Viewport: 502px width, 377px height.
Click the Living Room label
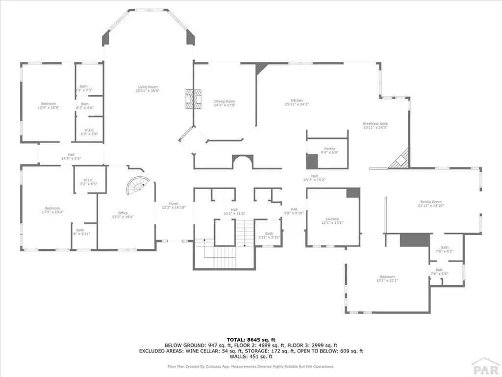tap(148, 89)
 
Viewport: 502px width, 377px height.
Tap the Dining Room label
tap(225, 103)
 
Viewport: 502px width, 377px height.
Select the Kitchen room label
tap(297, 102)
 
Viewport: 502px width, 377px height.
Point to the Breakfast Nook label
tap(375, 125)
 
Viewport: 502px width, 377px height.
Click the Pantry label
tap(329, 150)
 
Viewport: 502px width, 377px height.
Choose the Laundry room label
tap(332, 221)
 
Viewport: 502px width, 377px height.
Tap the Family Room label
tap(430, 204)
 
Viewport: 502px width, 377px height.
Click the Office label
tap(123, 215)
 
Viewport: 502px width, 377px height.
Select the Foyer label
tap(174, 205)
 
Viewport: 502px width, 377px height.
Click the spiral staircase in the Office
tap(137, 184)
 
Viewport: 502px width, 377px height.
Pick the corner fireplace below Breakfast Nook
tap(400, 160)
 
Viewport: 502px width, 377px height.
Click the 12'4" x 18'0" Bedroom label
tap(48, 106)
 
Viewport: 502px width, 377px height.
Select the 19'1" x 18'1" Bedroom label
tap(387, 278)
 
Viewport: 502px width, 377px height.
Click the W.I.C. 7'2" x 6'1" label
tap(89, 182)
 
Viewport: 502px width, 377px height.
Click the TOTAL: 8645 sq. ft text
tap(251, 340)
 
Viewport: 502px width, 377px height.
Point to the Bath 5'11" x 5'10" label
tap(269, 235)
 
